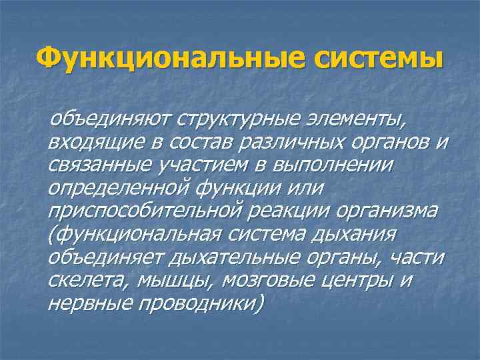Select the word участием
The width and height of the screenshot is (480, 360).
pyautogui.click(x=203, y=166)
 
